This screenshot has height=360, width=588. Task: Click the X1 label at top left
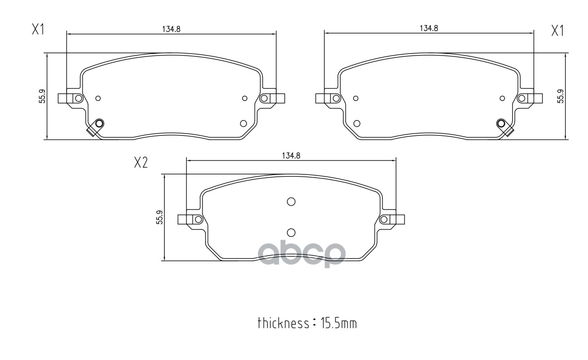click(38, 30)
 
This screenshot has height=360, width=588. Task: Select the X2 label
click(141, 163)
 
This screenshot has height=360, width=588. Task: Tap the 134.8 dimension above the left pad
click(171, 28)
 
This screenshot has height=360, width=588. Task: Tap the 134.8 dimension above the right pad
click(429, 28)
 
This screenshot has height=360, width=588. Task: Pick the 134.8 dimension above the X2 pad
click(290, 156)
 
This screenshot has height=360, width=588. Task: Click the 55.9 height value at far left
click(42, 96)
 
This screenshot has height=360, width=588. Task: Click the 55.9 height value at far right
click(560, 96)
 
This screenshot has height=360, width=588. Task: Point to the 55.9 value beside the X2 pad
click(159, 217)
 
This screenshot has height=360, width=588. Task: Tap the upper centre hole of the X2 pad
click(291, 201)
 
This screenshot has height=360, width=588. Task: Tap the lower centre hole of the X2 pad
click(291, 232)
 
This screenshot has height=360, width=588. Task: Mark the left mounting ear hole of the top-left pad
click(79, 98)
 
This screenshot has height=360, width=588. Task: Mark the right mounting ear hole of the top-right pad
click(522, 98)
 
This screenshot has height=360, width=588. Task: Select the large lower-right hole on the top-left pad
click(243, 123)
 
